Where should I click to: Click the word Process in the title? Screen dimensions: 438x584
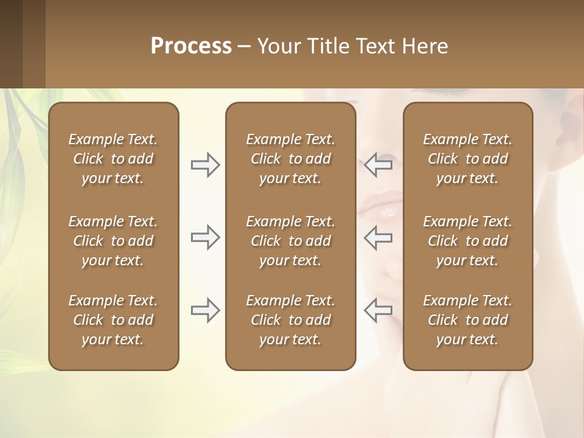tap(191, 46)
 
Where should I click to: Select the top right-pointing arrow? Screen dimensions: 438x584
tap(205, 165)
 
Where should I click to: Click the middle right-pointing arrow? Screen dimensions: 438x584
tap(205, 237)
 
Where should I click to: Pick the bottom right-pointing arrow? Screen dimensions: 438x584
tap(205, 310)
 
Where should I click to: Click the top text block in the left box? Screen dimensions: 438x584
tap(113, 159)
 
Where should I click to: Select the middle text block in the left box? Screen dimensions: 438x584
tap(113, 241)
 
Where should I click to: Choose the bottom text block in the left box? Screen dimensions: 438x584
tap(113, 320)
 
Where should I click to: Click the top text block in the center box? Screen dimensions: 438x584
tap(290, 159)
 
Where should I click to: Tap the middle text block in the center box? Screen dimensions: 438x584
tap(290, 241)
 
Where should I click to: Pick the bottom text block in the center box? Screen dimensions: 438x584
tap(290, 320)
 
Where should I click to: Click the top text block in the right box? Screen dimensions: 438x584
tap(467, 159)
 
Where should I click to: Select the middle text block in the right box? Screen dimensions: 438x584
tap(467, 241)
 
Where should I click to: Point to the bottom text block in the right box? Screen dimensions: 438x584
tap(467, 320)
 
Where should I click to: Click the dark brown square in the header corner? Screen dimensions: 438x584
tap(12, 44)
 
